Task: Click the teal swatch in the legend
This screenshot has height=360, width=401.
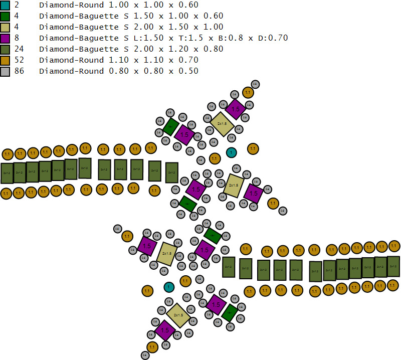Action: (x=5, y=5)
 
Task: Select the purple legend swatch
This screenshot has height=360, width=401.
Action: (x=5, y=38)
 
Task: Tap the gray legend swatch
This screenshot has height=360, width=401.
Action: (x=5, y=71)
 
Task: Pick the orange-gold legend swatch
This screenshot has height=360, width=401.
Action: (x=5, y=60)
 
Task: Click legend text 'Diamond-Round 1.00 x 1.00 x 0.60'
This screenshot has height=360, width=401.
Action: (x=118, y=5)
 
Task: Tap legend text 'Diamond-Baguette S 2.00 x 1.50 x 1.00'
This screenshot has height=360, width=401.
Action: (x=131, y=27)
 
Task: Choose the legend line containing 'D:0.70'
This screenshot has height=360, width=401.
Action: (x=163, y=38)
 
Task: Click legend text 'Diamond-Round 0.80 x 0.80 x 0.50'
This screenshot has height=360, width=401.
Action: (x=118, y=71)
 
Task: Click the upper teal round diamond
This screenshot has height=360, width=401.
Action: (x=231, y=152)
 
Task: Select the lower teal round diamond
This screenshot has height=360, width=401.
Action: (x=169, y=287)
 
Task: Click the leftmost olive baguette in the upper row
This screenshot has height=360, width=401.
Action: (x=7, y=173)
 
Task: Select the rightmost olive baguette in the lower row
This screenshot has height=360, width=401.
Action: (x=393, y=266)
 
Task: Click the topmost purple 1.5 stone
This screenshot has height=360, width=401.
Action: (x=235, y=109)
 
